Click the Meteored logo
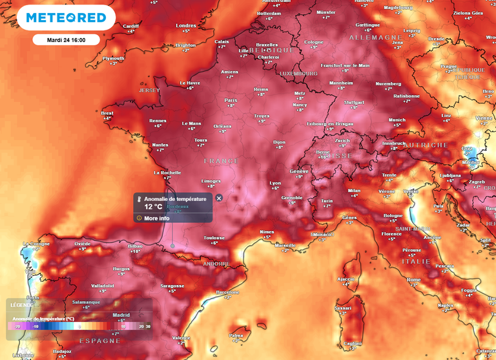click(x=67, y=17)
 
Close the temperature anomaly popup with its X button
click(x=219, y=198)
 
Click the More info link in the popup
click(x=157, y=218)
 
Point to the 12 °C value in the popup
click(x=153, y=207)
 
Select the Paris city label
click(x=231, y=100)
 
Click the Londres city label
click(x=185, y=26)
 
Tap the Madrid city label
click(x=121, y=315)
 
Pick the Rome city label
click(x=413, y=279)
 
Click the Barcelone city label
click(x=227, y=291)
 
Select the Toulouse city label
click(x=214, y=238)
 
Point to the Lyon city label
click(x=275, y=183)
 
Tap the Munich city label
click(x=397, y=120)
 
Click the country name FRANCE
click(x=222, y=161)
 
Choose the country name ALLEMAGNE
click(x=375, y=37)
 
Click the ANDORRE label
click(x=216, y=264)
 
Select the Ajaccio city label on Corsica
click(x=346, y=279)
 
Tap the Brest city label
click(x=107, y=113)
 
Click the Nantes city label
click(x=160, y=145)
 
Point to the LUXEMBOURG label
click(x=298, y=74)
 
